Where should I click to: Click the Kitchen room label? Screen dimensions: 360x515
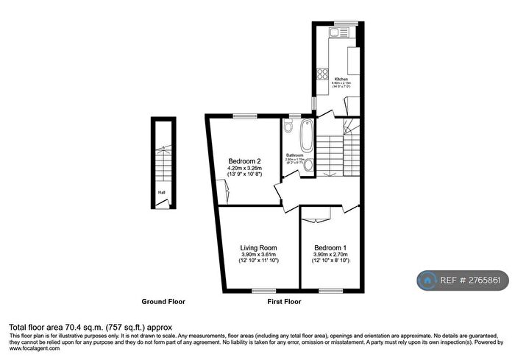[x=341, y=78]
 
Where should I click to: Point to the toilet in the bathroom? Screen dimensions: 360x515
[x=308, y=166]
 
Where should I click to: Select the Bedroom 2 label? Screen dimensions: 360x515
[x=244, y=161]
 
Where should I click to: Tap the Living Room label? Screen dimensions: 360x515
[x=257, y=247]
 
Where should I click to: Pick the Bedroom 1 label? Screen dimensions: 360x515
[x=330, y=247]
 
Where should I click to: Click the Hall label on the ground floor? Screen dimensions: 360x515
[x=160, y=194]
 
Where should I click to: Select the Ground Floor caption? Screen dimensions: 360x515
[x=163, y=302]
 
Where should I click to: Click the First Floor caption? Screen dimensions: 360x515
[x=283, y=302]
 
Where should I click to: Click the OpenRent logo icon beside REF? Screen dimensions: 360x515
[x=427, y=280]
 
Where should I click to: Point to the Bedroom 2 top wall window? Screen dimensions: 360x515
[x=245, y=116]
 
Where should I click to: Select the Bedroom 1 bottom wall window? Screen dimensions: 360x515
[x=327, y=289]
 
